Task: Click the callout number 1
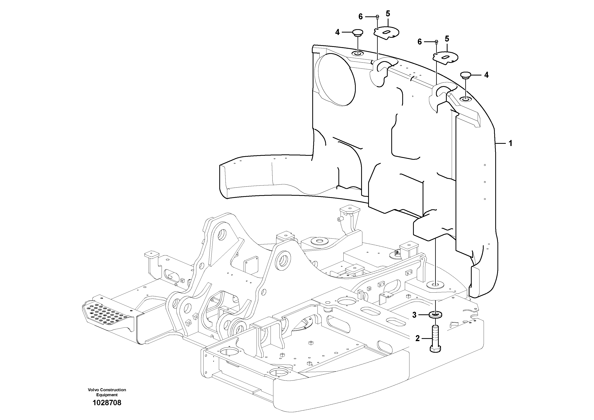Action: [510, 143]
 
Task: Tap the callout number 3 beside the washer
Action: [414, 315]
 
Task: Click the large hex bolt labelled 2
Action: [436, 341]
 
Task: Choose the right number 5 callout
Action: [447, 39]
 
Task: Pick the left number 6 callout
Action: [361, 17]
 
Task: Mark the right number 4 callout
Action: [486, 75]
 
